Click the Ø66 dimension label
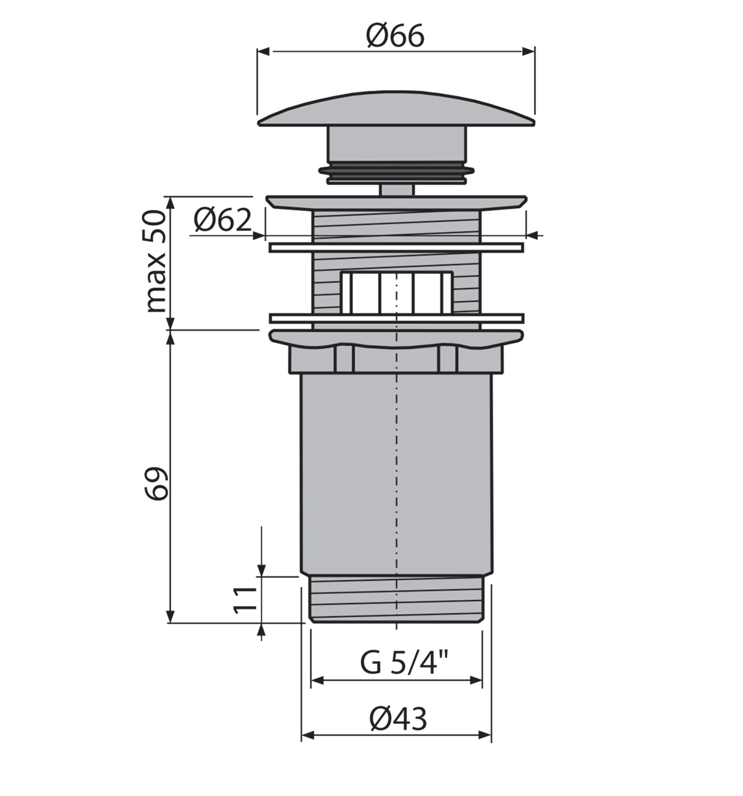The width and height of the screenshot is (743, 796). pos(395,36)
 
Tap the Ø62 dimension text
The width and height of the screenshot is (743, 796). pos(223,220)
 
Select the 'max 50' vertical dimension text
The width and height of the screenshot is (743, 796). pos(156,262)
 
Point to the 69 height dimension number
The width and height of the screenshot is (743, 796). pos(156,483)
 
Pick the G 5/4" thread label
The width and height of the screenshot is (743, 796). pos(404,663)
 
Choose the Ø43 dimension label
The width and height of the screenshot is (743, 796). pos(399,718)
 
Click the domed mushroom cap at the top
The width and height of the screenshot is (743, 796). pos(396,108)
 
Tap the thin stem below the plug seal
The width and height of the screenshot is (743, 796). pos(396,189)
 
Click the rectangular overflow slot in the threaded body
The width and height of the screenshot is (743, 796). pos(396,293)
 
